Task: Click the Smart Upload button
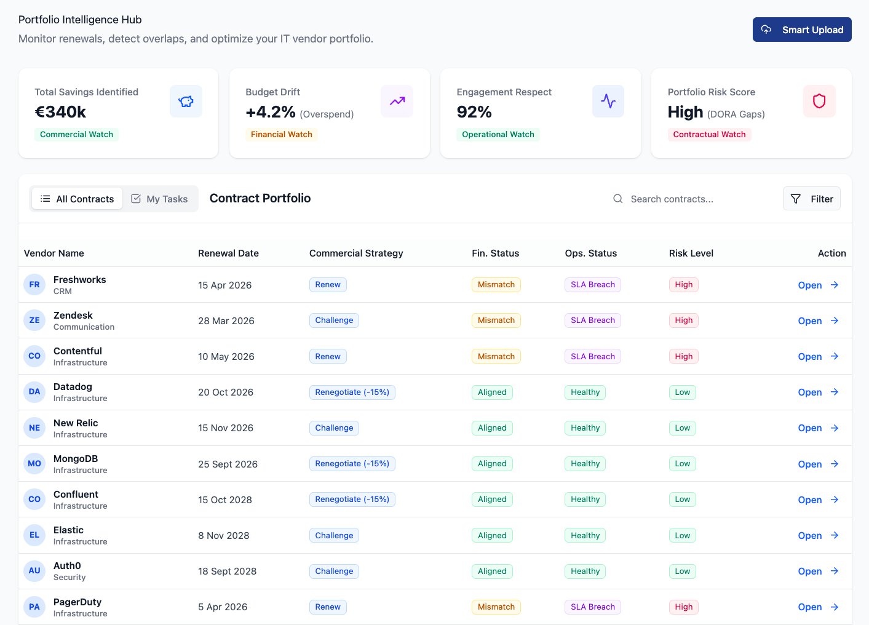802,30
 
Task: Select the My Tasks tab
160,199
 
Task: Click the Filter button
811,199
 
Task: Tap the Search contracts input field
695,199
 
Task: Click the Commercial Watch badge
76,134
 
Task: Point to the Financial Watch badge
281,134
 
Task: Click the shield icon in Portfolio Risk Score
819,101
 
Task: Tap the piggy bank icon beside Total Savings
186,101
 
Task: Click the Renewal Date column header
228,253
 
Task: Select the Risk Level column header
691,253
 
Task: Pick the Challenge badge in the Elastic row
334,535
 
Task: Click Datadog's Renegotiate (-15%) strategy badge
352,392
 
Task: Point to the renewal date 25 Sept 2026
228,464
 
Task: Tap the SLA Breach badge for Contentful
592,356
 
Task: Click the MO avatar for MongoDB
34,464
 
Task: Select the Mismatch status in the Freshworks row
496,284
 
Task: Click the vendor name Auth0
67,565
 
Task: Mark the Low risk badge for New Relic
682,428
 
